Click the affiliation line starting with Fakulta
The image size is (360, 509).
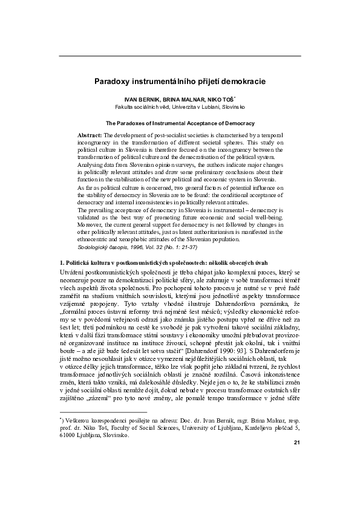click(180, 106)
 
